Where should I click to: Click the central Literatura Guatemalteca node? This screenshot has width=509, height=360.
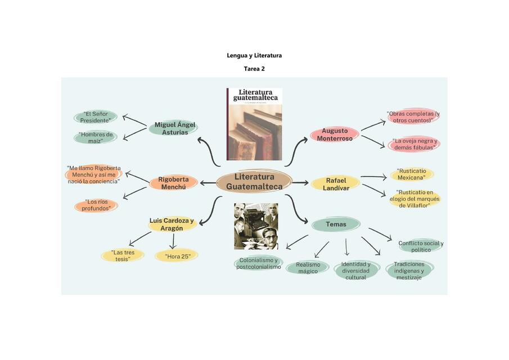pos(254,181)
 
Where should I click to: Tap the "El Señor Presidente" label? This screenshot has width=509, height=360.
pos(95,117)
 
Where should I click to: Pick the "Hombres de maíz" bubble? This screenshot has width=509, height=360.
pos(96,137)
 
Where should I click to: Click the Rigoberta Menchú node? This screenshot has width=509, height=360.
pos(174,182)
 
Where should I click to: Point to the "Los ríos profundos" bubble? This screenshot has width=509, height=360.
pos(96,205)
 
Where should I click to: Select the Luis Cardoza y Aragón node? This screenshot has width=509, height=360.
pos(172,224)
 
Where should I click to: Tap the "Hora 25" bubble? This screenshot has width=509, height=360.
pos(176,256)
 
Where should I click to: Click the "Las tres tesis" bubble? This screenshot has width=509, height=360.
pos(122,256)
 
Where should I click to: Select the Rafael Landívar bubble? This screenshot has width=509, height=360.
pos(336,184)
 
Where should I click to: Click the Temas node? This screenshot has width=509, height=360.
pos(336,224)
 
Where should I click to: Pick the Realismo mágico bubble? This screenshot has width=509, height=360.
pos(308,268)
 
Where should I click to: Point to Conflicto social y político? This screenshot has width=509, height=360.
pos(421,246)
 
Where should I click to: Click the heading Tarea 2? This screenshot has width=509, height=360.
pos(254,69)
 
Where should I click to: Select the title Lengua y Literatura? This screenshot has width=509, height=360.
pos(254,56)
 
